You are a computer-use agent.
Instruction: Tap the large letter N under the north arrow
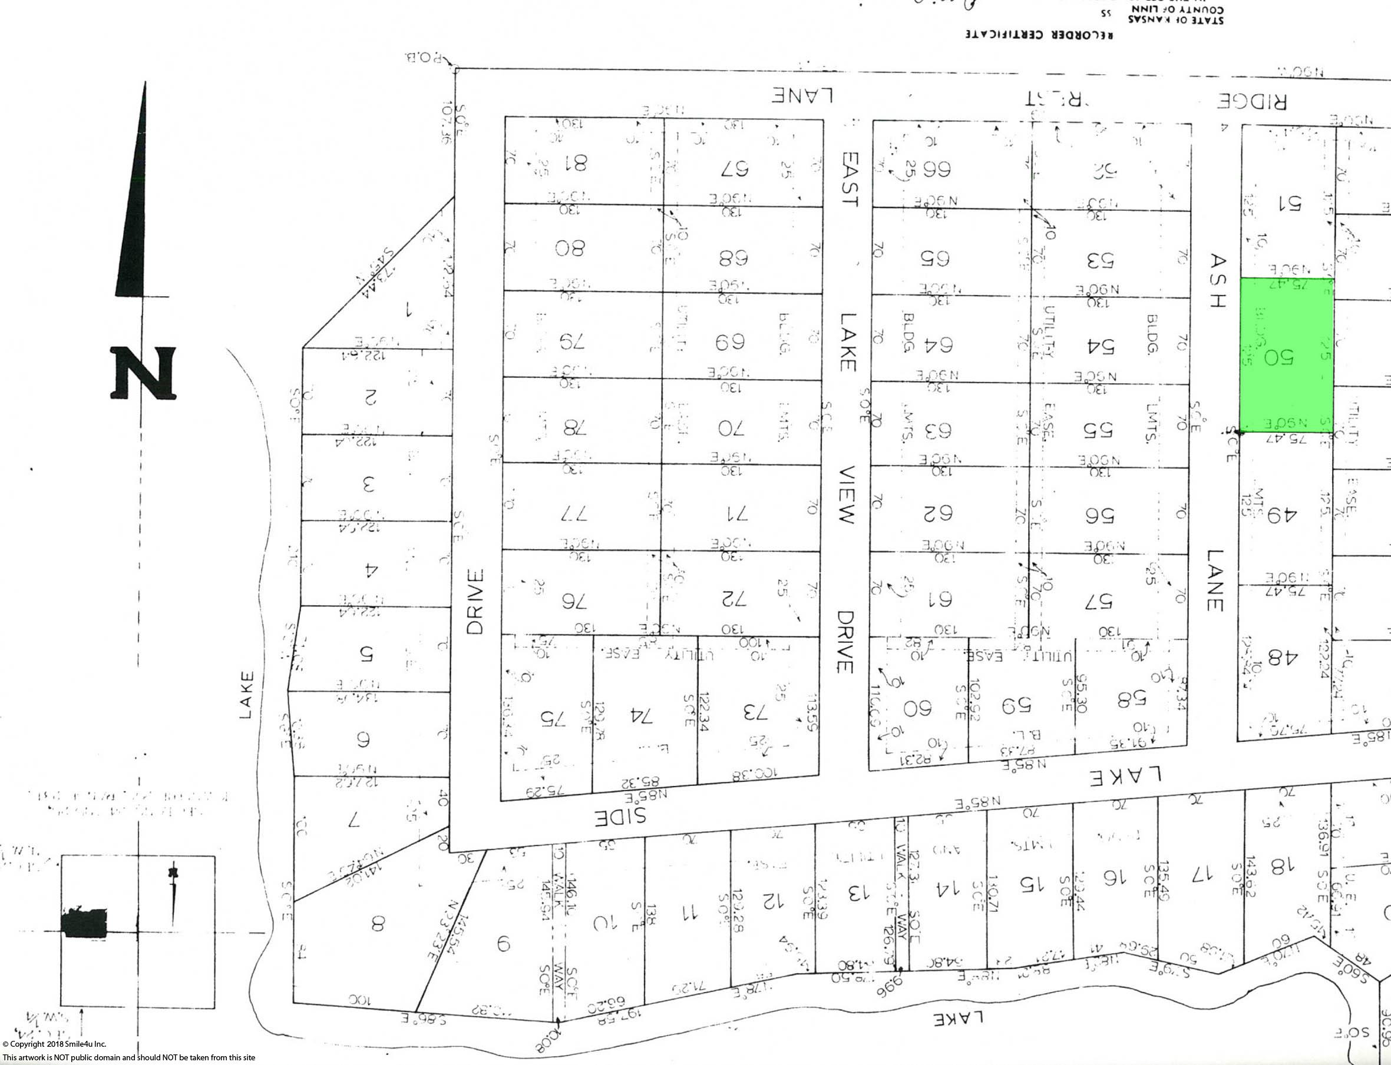pos(143,373)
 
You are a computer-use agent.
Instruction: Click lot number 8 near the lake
pos(378,924)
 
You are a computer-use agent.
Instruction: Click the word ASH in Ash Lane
pos(1217,281)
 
